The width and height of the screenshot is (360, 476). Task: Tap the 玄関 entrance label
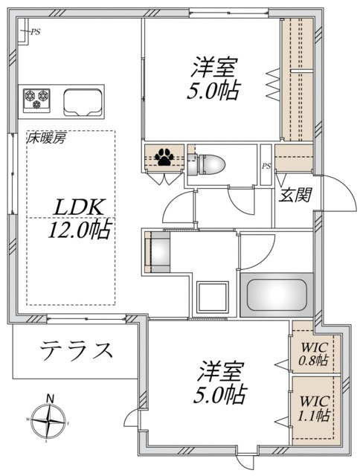pyautogui.click(x=295, y=196)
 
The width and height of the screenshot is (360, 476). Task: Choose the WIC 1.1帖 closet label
pyautogui.click(x=315, y=408)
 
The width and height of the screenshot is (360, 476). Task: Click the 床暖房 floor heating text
pyautogui.click(x=47, y=139)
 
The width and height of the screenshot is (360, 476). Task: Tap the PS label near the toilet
pyautogui.click(x=266, y=166)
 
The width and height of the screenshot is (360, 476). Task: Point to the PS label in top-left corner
pyautogui.click(x=34, y=31)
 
